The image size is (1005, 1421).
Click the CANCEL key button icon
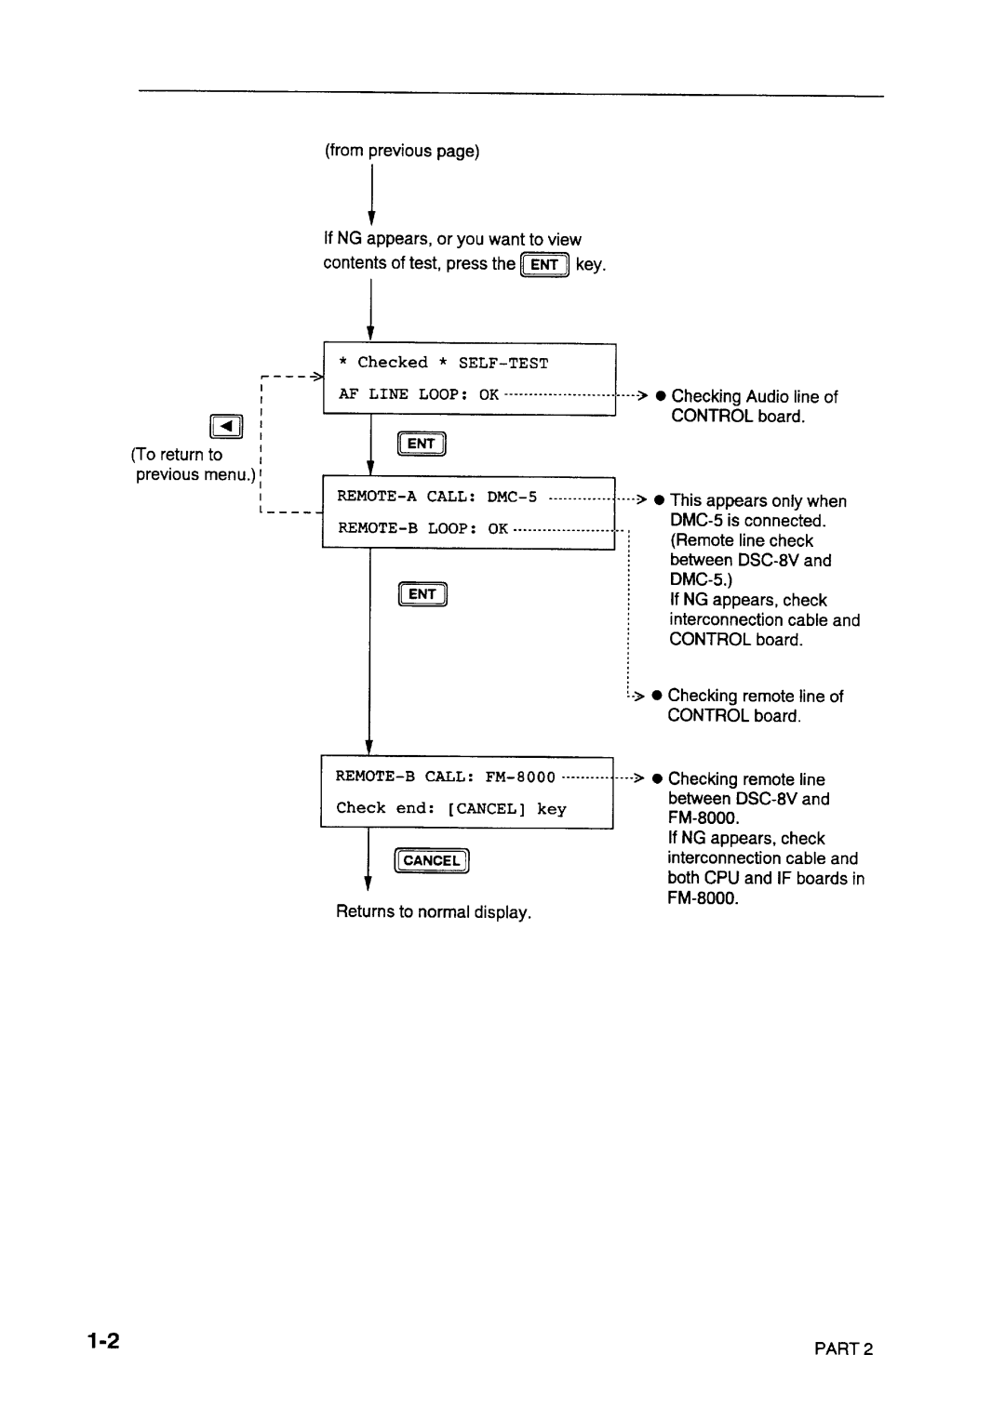[x=431, y=861]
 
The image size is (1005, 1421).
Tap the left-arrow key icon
[x=228, y=428]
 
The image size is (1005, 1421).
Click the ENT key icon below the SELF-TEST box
[x=422, y=445]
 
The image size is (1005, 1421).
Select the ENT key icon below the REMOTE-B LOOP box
[x=422, y=593]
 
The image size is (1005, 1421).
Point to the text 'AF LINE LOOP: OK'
[x=419, y=394]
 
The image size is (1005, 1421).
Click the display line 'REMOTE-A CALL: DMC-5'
[x=437, y=497]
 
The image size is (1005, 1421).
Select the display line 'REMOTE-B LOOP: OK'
[x=423, y=528]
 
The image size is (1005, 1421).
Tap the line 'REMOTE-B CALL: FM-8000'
[x=446, y=777]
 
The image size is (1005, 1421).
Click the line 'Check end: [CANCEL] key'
[x=451, y=809]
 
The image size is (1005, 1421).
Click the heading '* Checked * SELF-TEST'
[x=443, y=363]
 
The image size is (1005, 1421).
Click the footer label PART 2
[x=847, y=1350]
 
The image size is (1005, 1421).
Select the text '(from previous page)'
[x=402, y=151]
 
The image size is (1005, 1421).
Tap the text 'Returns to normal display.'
[x=434, y=912]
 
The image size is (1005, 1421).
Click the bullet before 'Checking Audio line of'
[x=658, y=396]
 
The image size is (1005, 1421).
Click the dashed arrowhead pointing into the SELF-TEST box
[x=316, y=377]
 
